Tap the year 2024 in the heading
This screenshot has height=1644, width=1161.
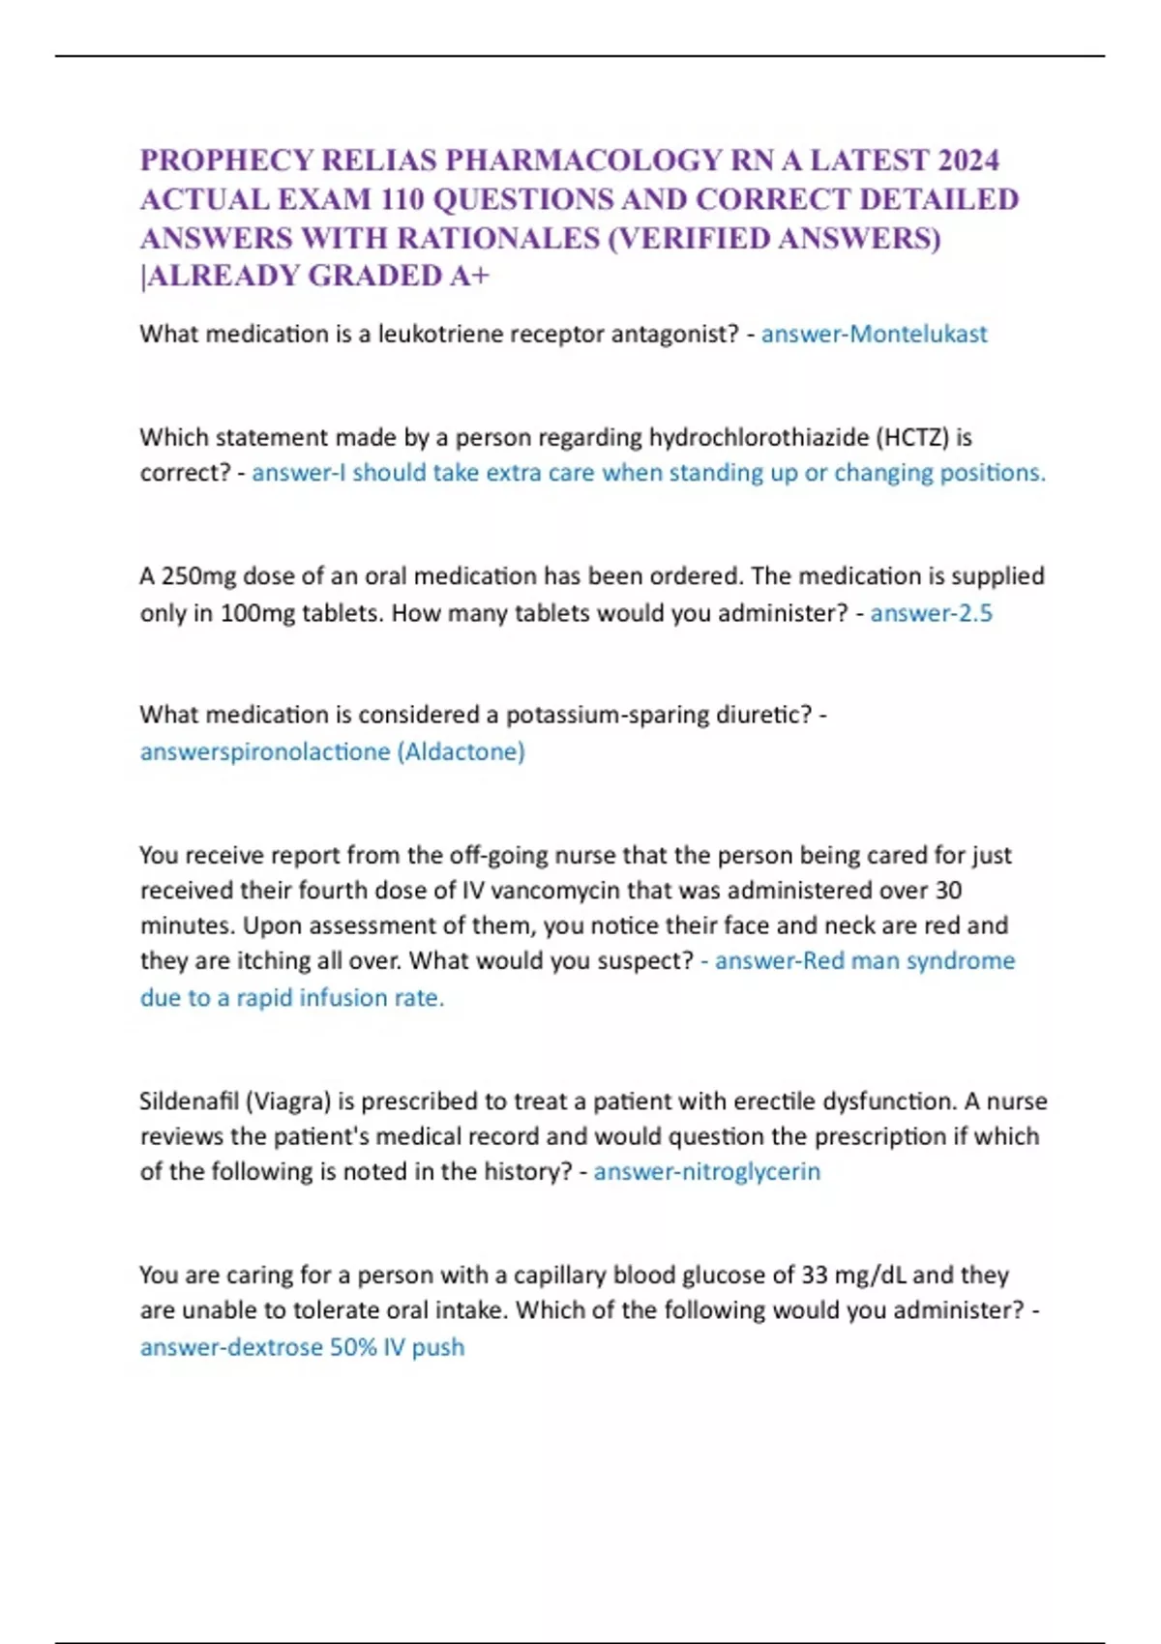(x=968, y=160)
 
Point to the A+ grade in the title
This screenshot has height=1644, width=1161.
(x=470, y=277)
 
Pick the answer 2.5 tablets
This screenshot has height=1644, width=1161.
(x=973, y=613)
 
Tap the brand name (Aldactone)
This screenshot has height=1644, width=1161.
(x=461, y=752)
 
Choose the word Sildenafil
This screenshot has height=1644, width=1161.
(x=189, y=1101)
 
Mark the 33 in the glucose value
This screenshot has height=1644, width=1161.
(x=815, y=1276)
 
